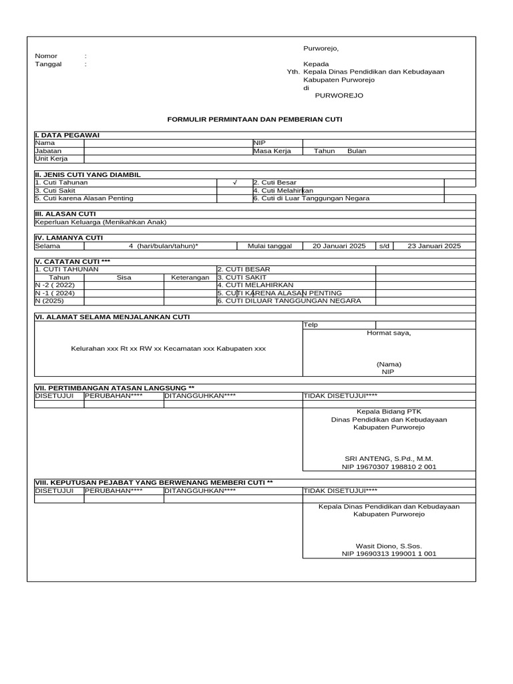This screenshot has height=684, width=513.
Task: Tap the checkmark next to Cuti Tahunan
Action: pos(234,182)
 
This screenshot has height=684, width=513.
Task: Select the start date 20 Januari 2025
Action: pos(339,246)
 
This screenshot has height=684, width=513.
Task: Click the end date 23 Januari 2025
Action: pos(434,246)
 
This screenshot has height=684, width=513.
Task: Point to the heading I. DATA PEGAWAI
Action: pos(67,136)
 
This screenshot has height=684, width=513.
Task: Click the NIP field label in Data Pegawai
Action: pos(259,143)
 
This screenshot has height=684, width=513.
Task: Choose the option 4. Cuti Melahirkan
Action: pos(283,190)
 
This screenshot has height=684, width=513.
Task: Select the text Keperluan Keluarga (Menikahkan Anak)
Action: pos(100,222)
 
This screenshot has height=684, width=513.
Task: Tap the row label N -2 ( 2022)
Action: pos(55,285)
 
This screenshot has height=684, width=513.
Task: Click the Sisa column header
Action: pos(124,277)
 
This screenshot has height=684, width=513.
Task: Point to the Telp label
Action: pos(311,325)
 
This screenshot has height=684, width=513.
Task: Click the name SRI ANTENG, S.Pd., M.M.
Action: pos(389,459)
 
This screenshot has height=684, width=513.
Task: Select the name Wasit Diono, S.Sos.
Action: pos(389,546)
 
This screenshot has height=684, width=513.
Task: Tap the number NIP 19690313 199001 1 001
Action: pos(389,554)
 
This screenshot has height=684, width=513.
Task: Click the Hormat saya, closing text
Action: pos(389,333)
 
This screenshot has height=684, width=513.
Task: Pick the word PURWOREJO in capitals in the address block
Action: pos(339,96)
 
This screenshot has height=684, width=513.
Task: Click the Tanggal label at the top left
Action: pos(48,64)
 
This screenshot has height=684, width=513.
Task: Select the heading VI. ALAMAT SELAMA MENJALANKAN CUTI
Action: pos(112,317)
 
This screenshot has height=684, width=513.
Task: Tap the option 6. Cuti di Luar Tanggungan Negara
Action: pos(311,198)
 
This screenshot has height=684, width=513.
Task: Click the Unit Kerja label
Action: pos(51,159)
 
